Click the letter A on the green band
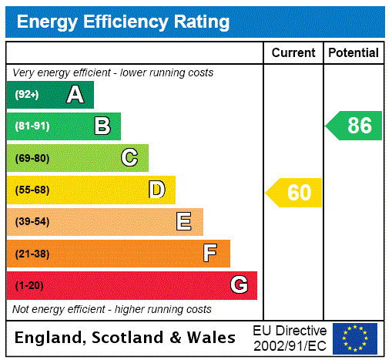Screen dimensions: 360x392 (75, 95)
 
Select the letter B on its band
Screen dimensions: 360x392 (102, 126)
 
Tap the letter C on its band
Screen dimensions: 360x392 (129, 158)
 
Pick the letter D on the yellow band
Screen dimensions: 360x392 (156, 190)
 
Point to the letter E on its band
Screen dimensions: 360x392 (184, 222)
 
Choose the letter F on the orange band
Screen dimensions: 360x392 (210, 253)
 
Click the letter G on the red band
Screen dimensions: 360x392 (239, 285)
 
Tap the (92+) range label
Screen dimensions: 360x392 (27, 95)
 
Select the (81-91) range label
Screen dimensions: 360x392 (32, 126)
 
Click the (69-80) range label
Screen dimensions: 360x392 (32, 158)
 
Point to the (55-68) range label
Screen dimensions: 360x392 (32, 190)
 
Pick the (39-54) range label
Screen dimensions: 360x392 (32, 222)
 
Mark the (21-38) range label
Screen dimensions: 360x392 (32, 254)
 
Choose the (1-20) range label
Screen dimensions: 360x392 (29, 286)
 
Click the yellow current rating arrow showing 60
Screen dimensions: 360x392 (294, 193)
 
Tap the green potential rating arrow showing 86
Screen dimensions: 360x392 (354, 126)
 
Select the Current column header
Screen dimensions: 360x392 (293, 53)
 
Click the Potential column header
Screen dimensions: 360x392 (353, 53)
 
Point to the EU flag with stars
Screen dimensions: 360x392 (355, 338)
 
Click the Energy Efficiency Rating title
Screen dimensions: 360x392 (123, 22)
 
